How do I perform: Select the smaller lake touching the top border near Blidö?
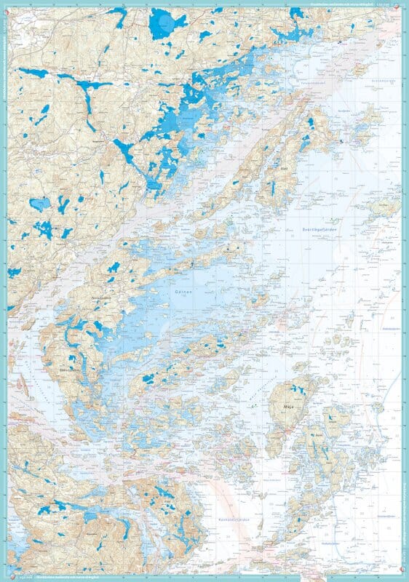(x=296, y=13)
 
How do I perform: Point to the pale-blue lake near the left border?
(x=40, y=203)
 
